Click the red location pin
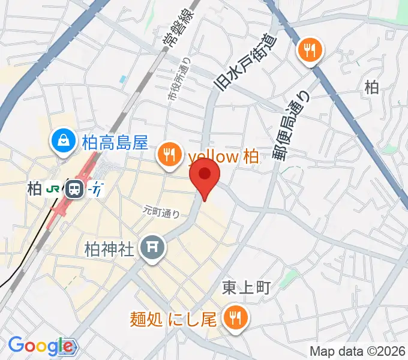[x=205, y=176]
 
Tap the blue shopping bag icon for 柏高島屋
[x=62, y=142]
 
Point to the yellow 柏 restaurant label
[x=223, y=157]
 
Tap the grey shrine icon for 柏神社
[x=152, y=247]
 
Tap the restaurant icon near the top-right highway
[x=310, y=49]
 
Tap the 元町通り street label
[x=161, y=211]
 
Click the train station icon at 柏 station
[x=74, y=189]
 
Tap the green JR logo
[x=53, y=189]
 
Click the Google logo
[x=40, y=346]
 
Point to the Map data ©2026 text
[x=358, y=351]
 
